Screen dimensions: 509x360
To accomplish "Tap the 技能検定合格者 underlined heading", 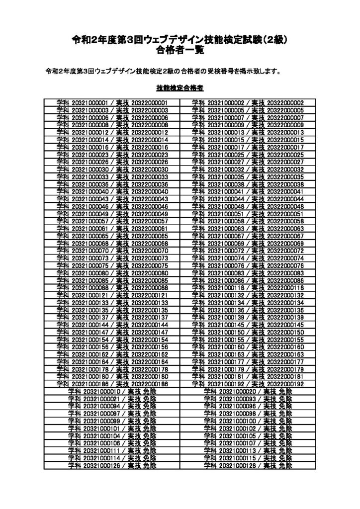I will (180, 88).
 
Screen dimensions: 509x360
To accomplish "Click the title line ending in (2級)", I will (180, 40).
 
